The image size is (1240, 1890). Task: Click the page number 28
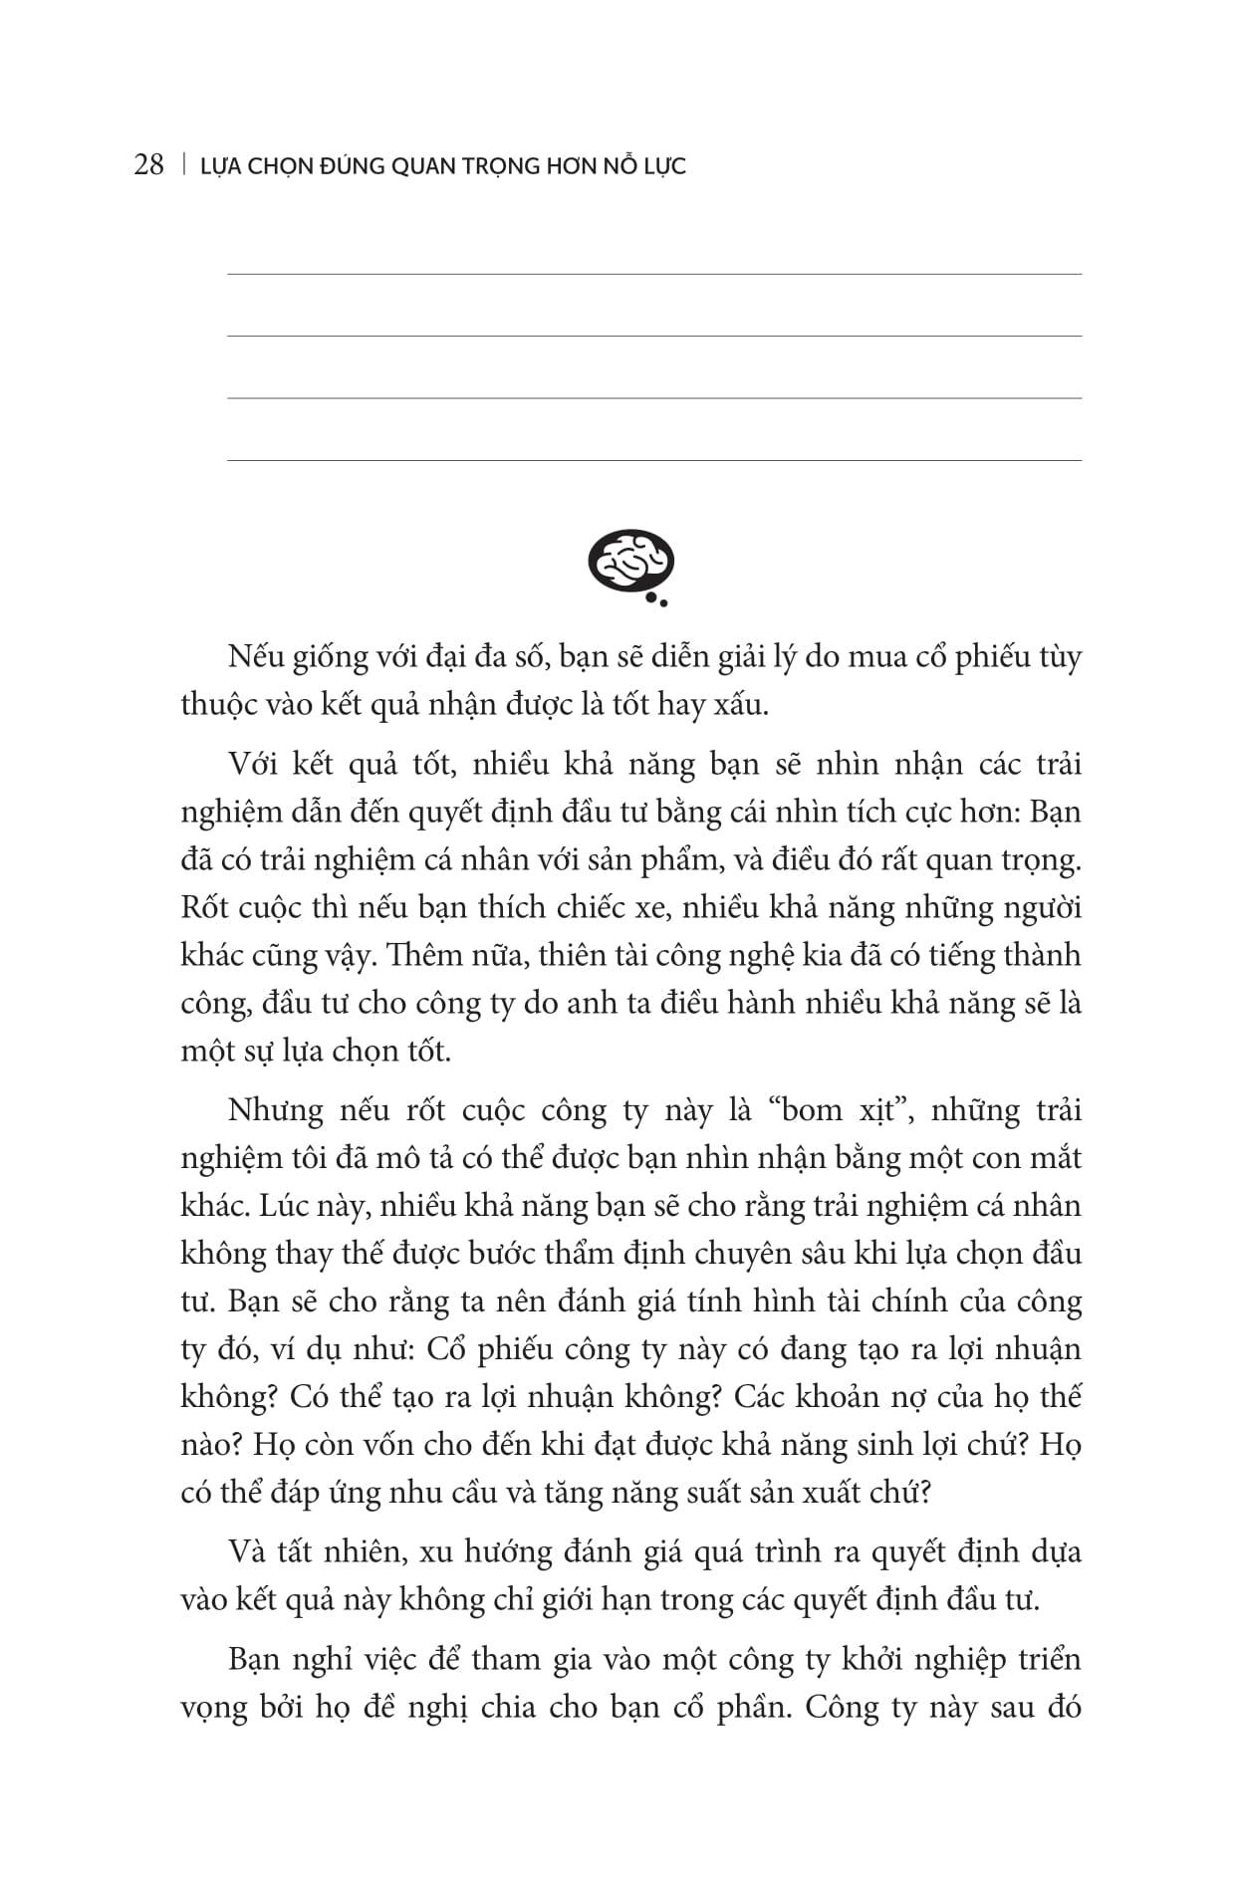(148, 165)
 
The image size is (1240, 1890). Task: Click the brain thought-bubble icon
(631, 566)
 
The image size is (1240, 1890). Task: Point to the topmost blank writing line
(654, 274)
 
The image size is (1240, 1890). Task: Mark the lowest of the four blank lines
(654, 460)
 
